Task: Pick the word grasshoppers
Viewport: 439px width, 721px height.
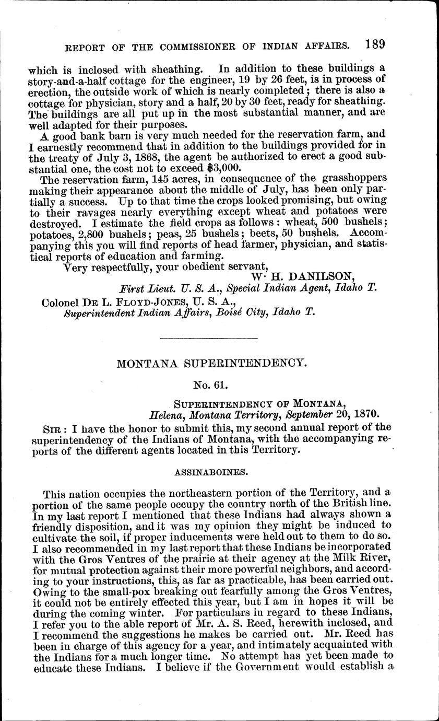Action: (x=350, y=178)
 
